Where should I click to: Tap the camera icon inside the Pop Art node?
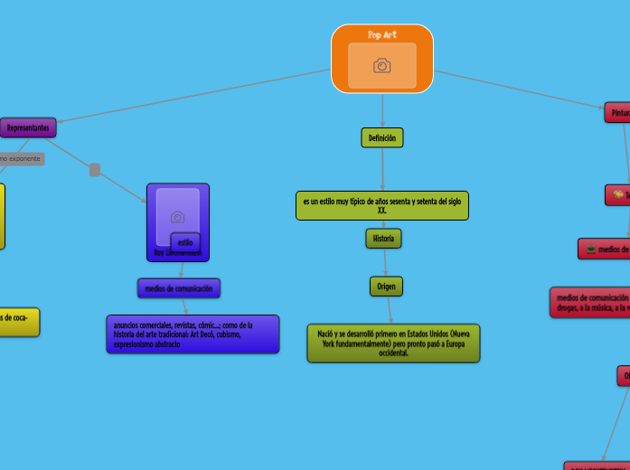click(x=382, y=65)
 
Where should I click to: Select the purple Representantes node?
click(x=28, y=128)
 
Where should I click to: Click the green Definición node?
click(x=382, y=137)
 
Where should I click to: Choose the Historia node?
click(x=383, y=238)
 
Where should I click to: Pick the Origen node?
click(x=386, y=286)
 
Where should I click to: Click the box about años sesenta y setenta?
click(x=381, y=205)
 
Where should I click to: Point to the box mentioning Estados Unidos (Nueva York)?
click(x=393, y=343)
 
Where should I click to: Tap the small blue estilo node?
click(x=185, y=242)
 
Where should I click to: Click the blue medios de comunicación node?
click(x=178, y=288)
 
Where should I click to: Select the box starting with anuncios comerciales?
click(x=192, y=334)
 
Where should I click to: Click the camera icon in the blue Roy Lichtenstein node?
click(x=178, y=217)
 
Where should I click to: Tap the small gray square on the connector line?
click(x=95, y=170)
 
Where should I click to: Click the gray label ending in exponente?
click(x=21, y=159)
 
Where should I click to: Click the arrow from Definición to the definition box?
click(x=382, y=171)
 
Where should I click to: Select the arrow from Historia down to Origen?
click(x=385, y=263)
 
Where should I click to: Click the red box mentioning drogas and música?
click(x=590, y=302)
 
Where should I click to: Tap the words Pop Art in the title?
click(x=382, y=34)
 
